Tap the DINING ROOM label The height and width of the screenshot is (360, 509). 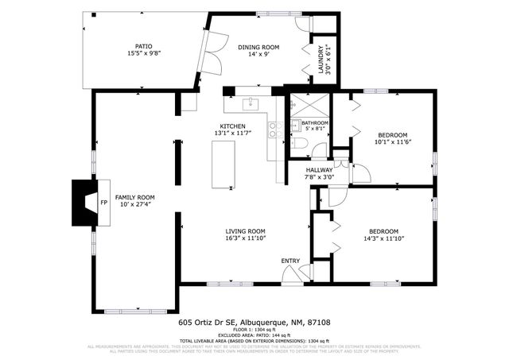coord(260,47)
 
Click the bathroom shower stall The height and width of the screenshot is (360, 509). coord(303,106)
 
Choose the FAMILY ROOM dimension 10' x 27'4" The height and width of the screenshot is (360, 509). coord(134,205)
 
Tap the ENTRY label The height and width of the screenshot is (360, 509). coord(291,260)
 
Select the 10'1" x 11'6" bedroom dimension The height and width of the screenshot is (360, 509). coord(393,141)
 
